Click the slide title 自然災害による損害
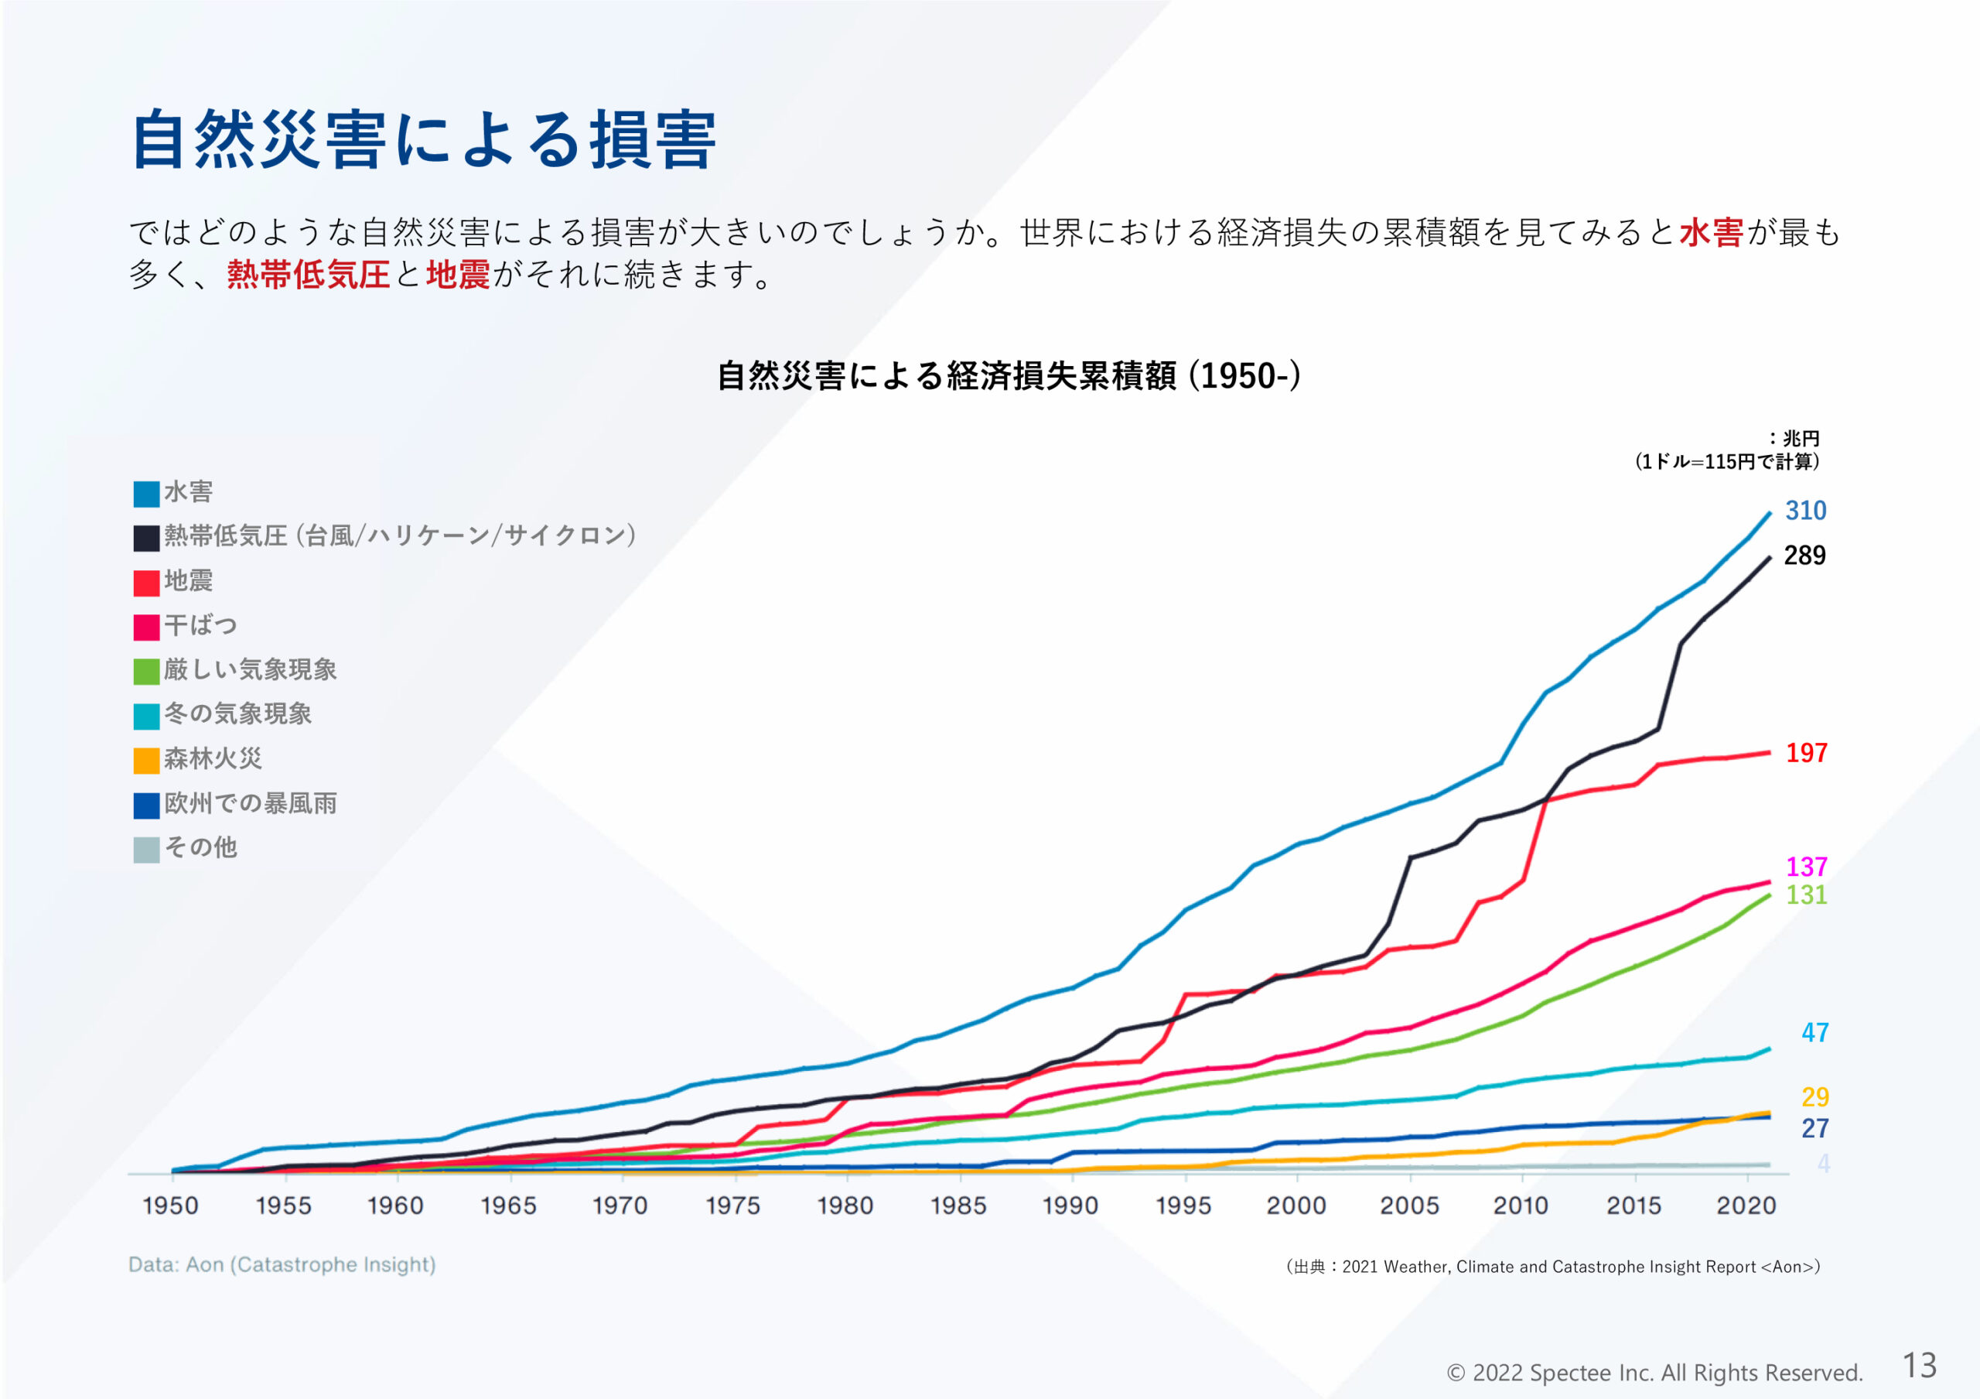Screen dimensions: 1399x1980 [x=422, y=140]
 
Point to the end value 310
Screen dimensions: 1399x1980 [x=1805, y=511]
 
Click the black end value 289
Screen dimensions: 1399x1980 [x=1804, y=556]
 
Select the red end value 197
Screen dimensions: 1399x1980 [x=1806, y=753]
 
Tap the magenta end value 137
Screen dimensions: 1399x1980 [x=1806, y=867]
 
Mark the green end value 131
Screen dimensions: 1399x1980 [x=1806, y=894]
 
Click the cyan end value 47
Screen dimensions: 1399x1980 [x=1814, y=1032]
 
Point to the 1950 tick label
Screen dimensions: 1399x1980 [x=171, y=1206]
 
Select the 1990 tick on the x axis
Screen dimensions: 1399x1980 [x=1070, y=1206]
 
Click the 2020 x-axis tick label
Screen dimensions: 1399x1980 [x=1746, y=1206]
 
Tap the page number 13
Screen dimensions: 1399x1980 [x=1920, y=1367]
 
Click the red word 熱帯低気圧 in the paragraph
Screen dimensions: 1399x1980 [x=308, y=275]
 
